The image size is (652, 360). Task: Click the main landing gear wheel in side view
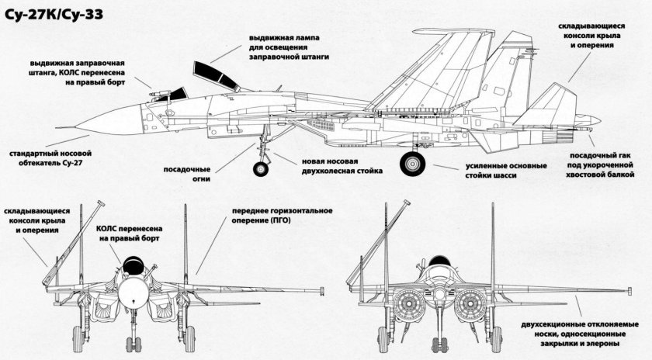click(x=413, y=164)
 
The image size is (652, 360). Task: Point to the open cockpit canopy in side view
click(x=213, y=76)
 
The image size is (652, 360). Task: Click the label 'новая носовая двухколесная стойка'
click(x=342, y=167)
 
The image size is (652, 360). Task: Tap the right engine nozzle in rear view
click(x=470, y=304)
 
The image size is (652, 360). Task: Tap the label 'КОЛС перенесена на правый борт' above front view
click(x=129, y=235)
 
